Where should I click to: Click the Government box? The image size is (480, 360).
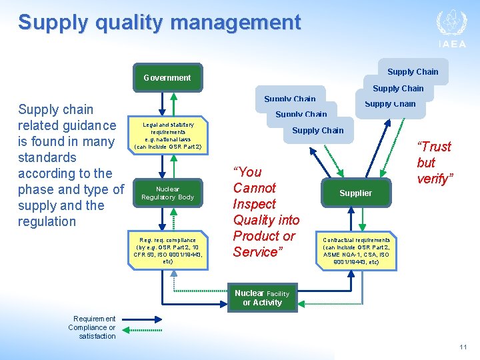click(167, 77)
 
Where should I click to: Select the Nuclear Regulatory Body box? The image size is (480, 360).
click(167, 193)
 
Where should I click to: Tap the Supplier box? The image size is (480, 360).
click(355, 193)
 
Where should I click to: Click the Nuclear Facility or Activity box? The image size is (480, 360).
click(262, 298)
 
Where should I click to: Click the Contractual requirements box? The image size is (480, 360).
click(356, 250)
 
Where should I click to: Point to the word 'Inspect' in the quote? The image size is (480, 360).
click(254, 204)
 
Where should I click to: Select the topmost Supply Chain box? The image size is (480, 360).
click(413, 72)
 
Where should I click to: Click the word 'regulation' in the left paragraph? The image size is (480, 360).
click(47, 221)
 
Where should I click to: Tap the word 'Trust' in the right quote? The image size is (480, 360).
click(434, 147)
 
